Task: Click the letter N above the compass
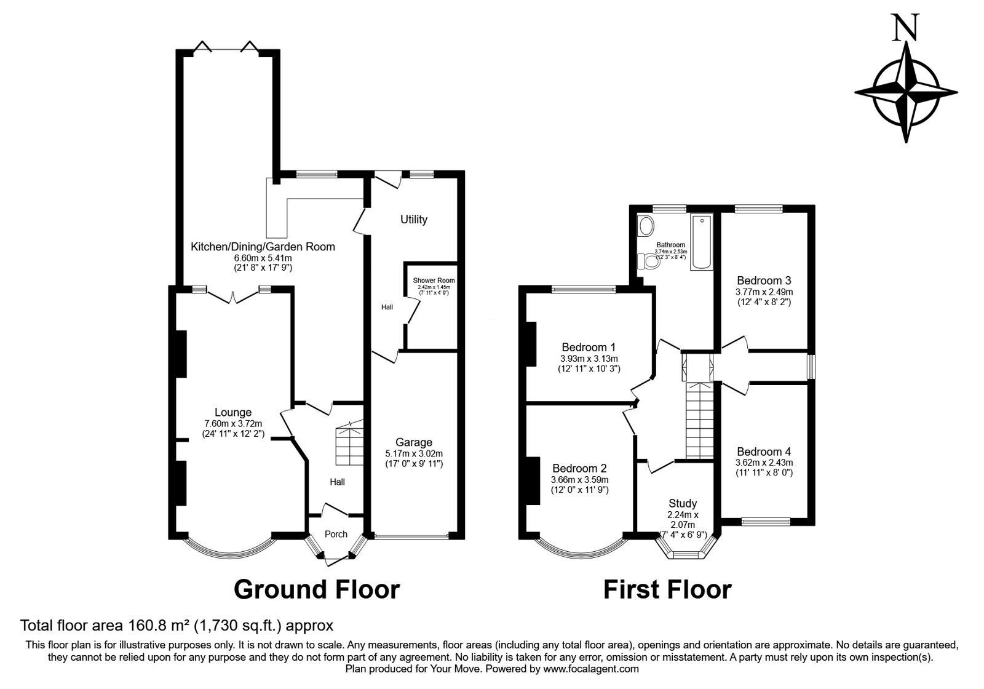[x=907, y=28]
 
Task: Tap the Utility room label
[x=414, y=220]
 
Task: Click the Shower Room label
[x=434, y=281]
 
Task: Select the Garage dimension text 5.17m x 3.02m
[x=414, y=453]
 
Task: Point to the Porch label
[x=336, y=534]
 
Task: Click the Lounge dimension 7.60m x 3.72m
[x=233, y=423]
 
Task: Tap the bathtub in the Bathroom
[x=701, y=242]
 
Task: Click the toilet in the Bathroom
[x=648, y=262]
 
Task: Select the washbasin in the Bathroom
[x=646, y=227]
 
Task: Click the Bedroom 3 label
[x=764, y=281]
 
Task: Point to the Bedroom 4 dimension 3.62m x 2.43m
[x=764, y=463]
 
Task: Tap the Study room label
[x=682, y=503]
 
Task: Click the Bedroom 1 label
[x=589, y=347]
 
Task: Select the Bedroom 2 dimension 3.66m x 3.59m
[x=580, y=479]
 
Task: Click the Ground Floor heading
[x=317, y=589]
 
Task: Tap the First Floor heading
[x=667, y=589]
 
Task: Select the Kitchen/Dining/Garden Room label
[x=263, y=247]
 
